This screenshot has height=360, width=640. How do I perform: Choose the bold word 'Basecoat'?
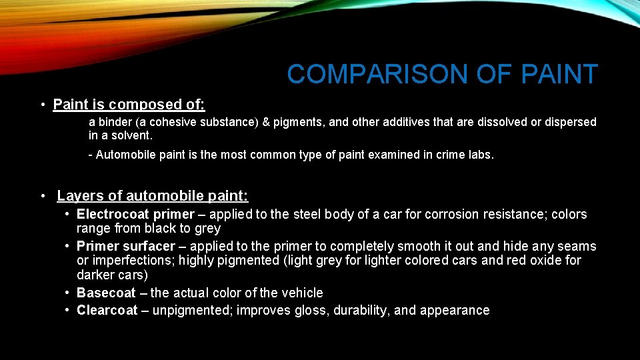coord(106,293)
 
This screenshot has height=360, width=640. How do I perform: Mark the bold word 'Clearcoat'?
coord(107,310)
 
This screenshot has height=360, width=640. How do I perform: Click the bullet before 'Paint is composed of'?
coord(42,105)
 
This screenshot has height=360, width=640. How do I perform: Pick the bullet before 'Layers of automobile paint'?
coord(42,196)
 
